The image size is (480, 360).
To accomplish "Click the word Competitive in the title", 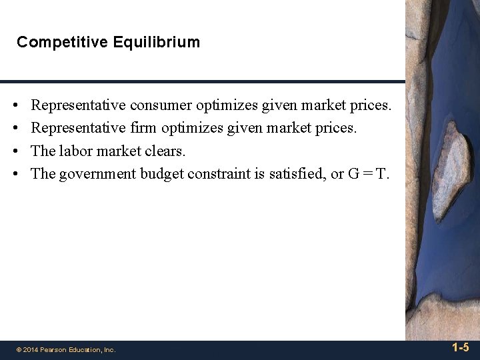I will pyautogui.click(x=55, y=43).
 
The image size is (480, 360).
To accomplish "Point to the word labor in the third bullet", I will pyautogui.click(x=75, y=151).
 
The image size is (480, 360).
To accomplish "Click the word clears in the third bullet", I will pyautogui.click(x=165, y=151).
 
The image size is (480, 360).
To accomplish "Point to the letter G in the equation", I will pyautogui.click(x=353, y=174).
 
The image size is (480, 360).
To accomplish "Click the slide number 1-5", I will pyautogui.click(x=460, y=348).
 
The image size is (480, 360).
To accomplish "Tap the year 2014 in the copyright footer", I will pyautogui.click(x=30, y=349).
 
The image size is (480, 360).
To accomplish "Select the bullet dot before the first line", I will pyautogui.click(x=15, y=105).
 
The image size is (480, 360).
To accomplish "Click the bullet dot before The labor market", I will pyautogui.click(x=15, y=152).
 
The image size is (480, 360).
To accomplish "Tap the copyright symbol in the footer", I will pyautogui.click(x=19, y=349).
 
